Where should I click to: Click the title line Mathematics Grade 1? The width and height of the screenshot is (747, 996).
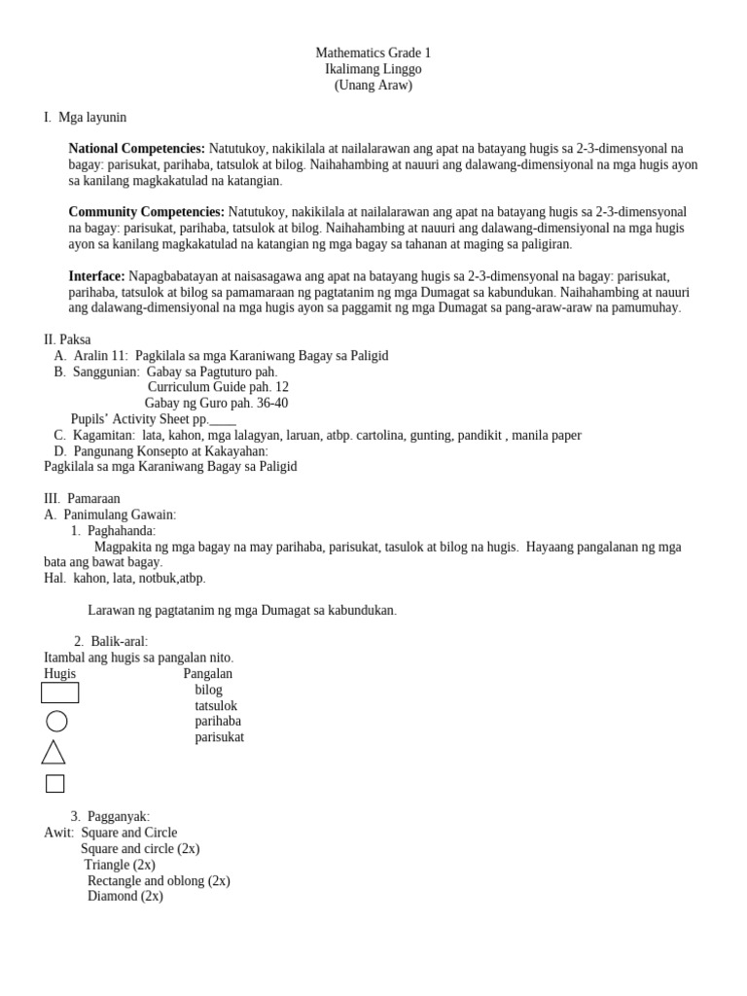(373, 53)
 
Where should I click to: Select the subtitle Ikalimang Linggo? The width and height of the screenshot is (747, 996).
(373, 69)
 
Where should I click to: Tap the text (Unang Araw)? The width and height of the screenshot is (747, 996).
(373, 85)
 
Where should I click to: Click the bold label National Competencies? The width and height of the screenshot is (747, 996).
(136, 149)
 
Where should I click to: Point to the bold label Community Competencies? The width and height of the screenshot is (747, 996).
(146, 212)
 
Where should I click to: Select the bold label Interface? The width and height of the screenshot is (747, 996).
(96, 276)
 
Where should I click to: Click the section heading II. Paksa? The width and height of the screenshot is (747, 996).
(67, 339)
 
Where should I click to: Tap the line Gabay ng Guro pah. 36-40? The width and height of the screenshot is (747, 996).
(216, 403)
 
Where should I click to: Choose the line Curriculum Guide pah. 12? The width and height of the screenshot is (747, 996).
(218, 387)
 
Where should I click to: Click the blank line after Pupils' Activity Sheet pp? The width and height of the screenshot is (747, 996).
(223, 420)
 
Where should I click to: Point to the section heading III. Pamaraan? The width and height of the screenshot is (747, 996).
(82, 498)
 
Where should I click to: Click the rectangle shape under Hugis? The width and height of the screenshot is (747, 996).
(59, 693)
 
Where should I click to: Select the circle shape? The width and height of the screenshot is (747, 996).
(56, 721)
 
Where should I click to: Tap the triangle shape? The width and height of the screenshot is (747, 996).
(53, 752)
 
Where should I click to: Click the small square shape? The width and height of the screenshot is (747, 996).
(54, 783)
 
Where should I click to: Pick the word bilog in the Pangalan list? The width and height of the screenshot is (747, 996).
(208, 690)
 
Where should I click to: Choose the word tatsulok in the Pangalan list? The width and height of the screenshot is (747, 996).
(216, 706)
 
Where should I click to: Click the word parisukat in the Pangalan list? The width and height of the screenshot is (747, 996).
(219, 737)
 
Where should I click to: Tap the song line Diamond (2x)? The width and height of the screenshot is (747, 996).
(125, 896)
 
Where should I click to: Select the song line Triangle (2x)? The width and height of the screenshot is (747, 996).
(120, 865)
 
